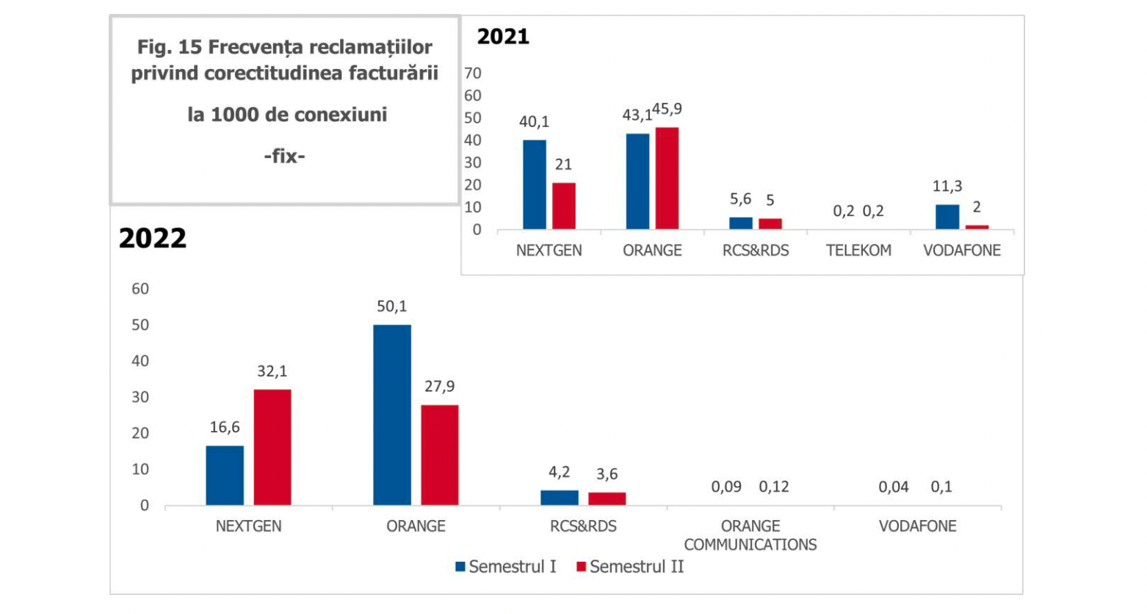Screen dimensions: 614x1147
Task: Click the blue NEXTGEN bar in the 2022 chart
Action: coord(225,475)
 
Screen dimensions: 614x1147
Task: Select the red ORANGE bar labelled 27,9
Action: coord(439,455)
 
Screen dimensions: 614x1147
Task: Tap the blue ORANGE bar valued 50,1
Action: coord(391,415)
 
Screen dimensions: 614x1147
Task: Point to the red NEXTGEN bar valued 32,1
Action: coord(272,447)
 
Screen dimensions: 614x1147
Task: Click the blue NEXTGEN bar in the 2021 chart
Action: coord(535,184)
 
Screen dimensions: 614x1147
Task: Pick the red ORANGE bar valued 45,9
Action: coord(667,178)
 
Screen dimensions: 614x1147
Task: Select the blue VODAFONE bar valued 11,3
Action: coord(947,217)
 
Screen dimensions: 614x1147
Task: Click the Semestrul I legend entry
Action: coord(506,567)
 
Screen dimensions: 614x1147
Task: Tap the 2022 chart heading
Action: coord(153,238)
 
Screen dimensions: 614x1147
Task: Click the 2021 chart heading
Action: coord(503,37)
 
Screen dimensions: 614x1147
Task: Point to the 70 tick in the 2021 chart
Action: coord(473,73)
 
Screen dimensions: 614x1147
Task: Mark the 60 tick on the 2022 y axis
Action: coord(140,289)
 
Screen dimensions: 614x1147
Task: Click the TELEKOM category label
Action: coord(858,250)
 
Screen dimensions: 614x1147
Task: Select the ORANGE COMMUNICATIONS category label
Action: coord(750,535)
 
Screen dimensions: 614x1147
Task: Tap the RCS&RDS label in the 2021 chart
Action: coord(756,250)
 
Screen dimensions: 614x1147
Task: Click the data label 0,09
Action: coord(726,486)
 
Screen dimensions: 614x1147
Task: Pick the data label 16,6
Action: coord(225,427)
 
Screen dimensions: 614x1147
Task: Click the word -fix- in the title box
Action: coord(285,156)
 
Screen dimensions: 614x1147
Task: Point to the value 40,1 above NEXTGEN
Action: coord(534,122)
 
